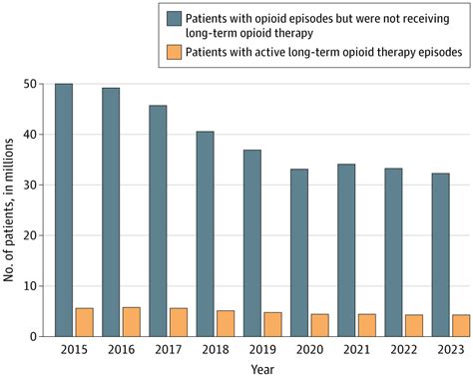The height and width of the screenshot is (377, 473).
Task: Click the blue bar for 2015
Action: (x=63, y=210)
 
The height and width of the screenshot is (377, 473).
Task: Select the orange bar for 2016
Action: (x=132, y=322)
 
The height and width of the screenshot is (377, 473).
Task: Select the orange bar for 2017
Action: (x=179, y=322)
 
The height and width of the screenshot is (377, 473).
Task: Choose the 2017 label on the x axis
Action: (x=170, y=349)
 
